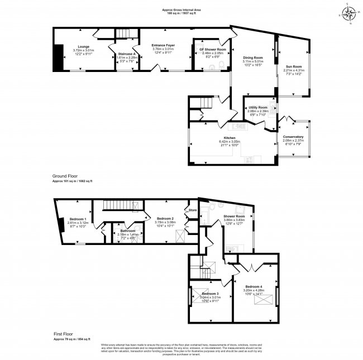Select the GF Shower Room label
point(210,50)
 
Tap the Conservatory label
point(293,137)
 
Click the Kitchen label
point(230,137)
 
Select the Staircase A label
point(127,54)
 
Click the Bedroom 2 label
point(165,218)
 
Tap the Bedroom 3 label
point(210,293)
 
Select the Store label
point(193,210)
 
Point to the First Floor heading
point(63,334)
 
